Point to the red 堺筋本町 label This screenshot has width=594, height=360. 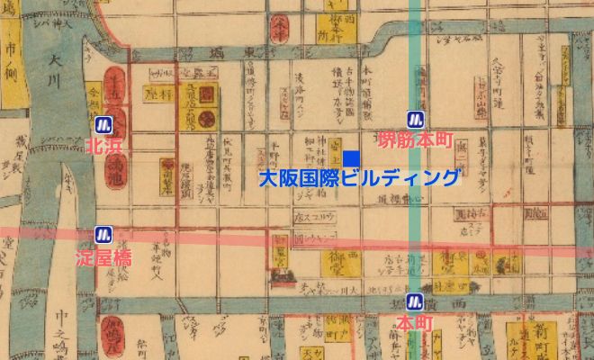pyautogui.click(x=415, y=139)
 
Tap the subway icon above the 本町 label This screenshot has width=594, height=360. pyautogui.click(x=416, y=301)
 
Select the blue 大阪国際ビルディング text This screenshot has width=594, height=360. pyautogui.click(x=359, y=177)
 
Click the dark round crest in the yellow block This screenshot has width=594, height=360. pyautogui.click(x=206, y=118)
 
